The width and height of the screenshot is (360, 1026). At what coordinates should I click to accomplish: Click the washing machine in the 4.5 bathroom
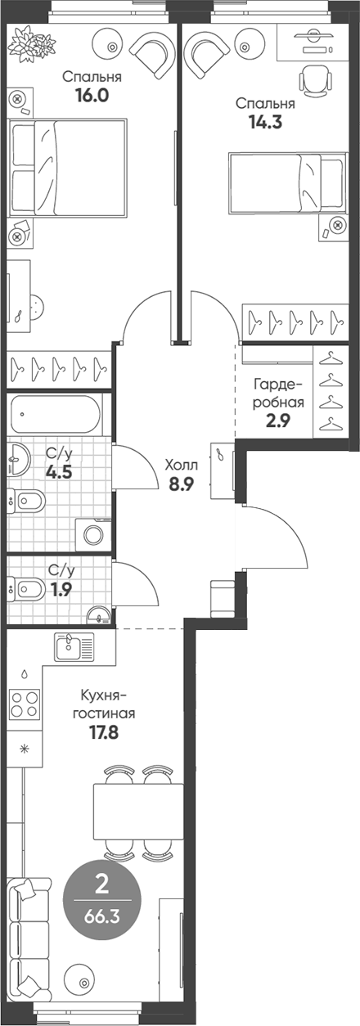pos(92,535)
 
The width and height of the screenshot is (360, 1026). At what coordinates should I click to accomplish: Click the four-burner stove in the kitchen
pos(25,704)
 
